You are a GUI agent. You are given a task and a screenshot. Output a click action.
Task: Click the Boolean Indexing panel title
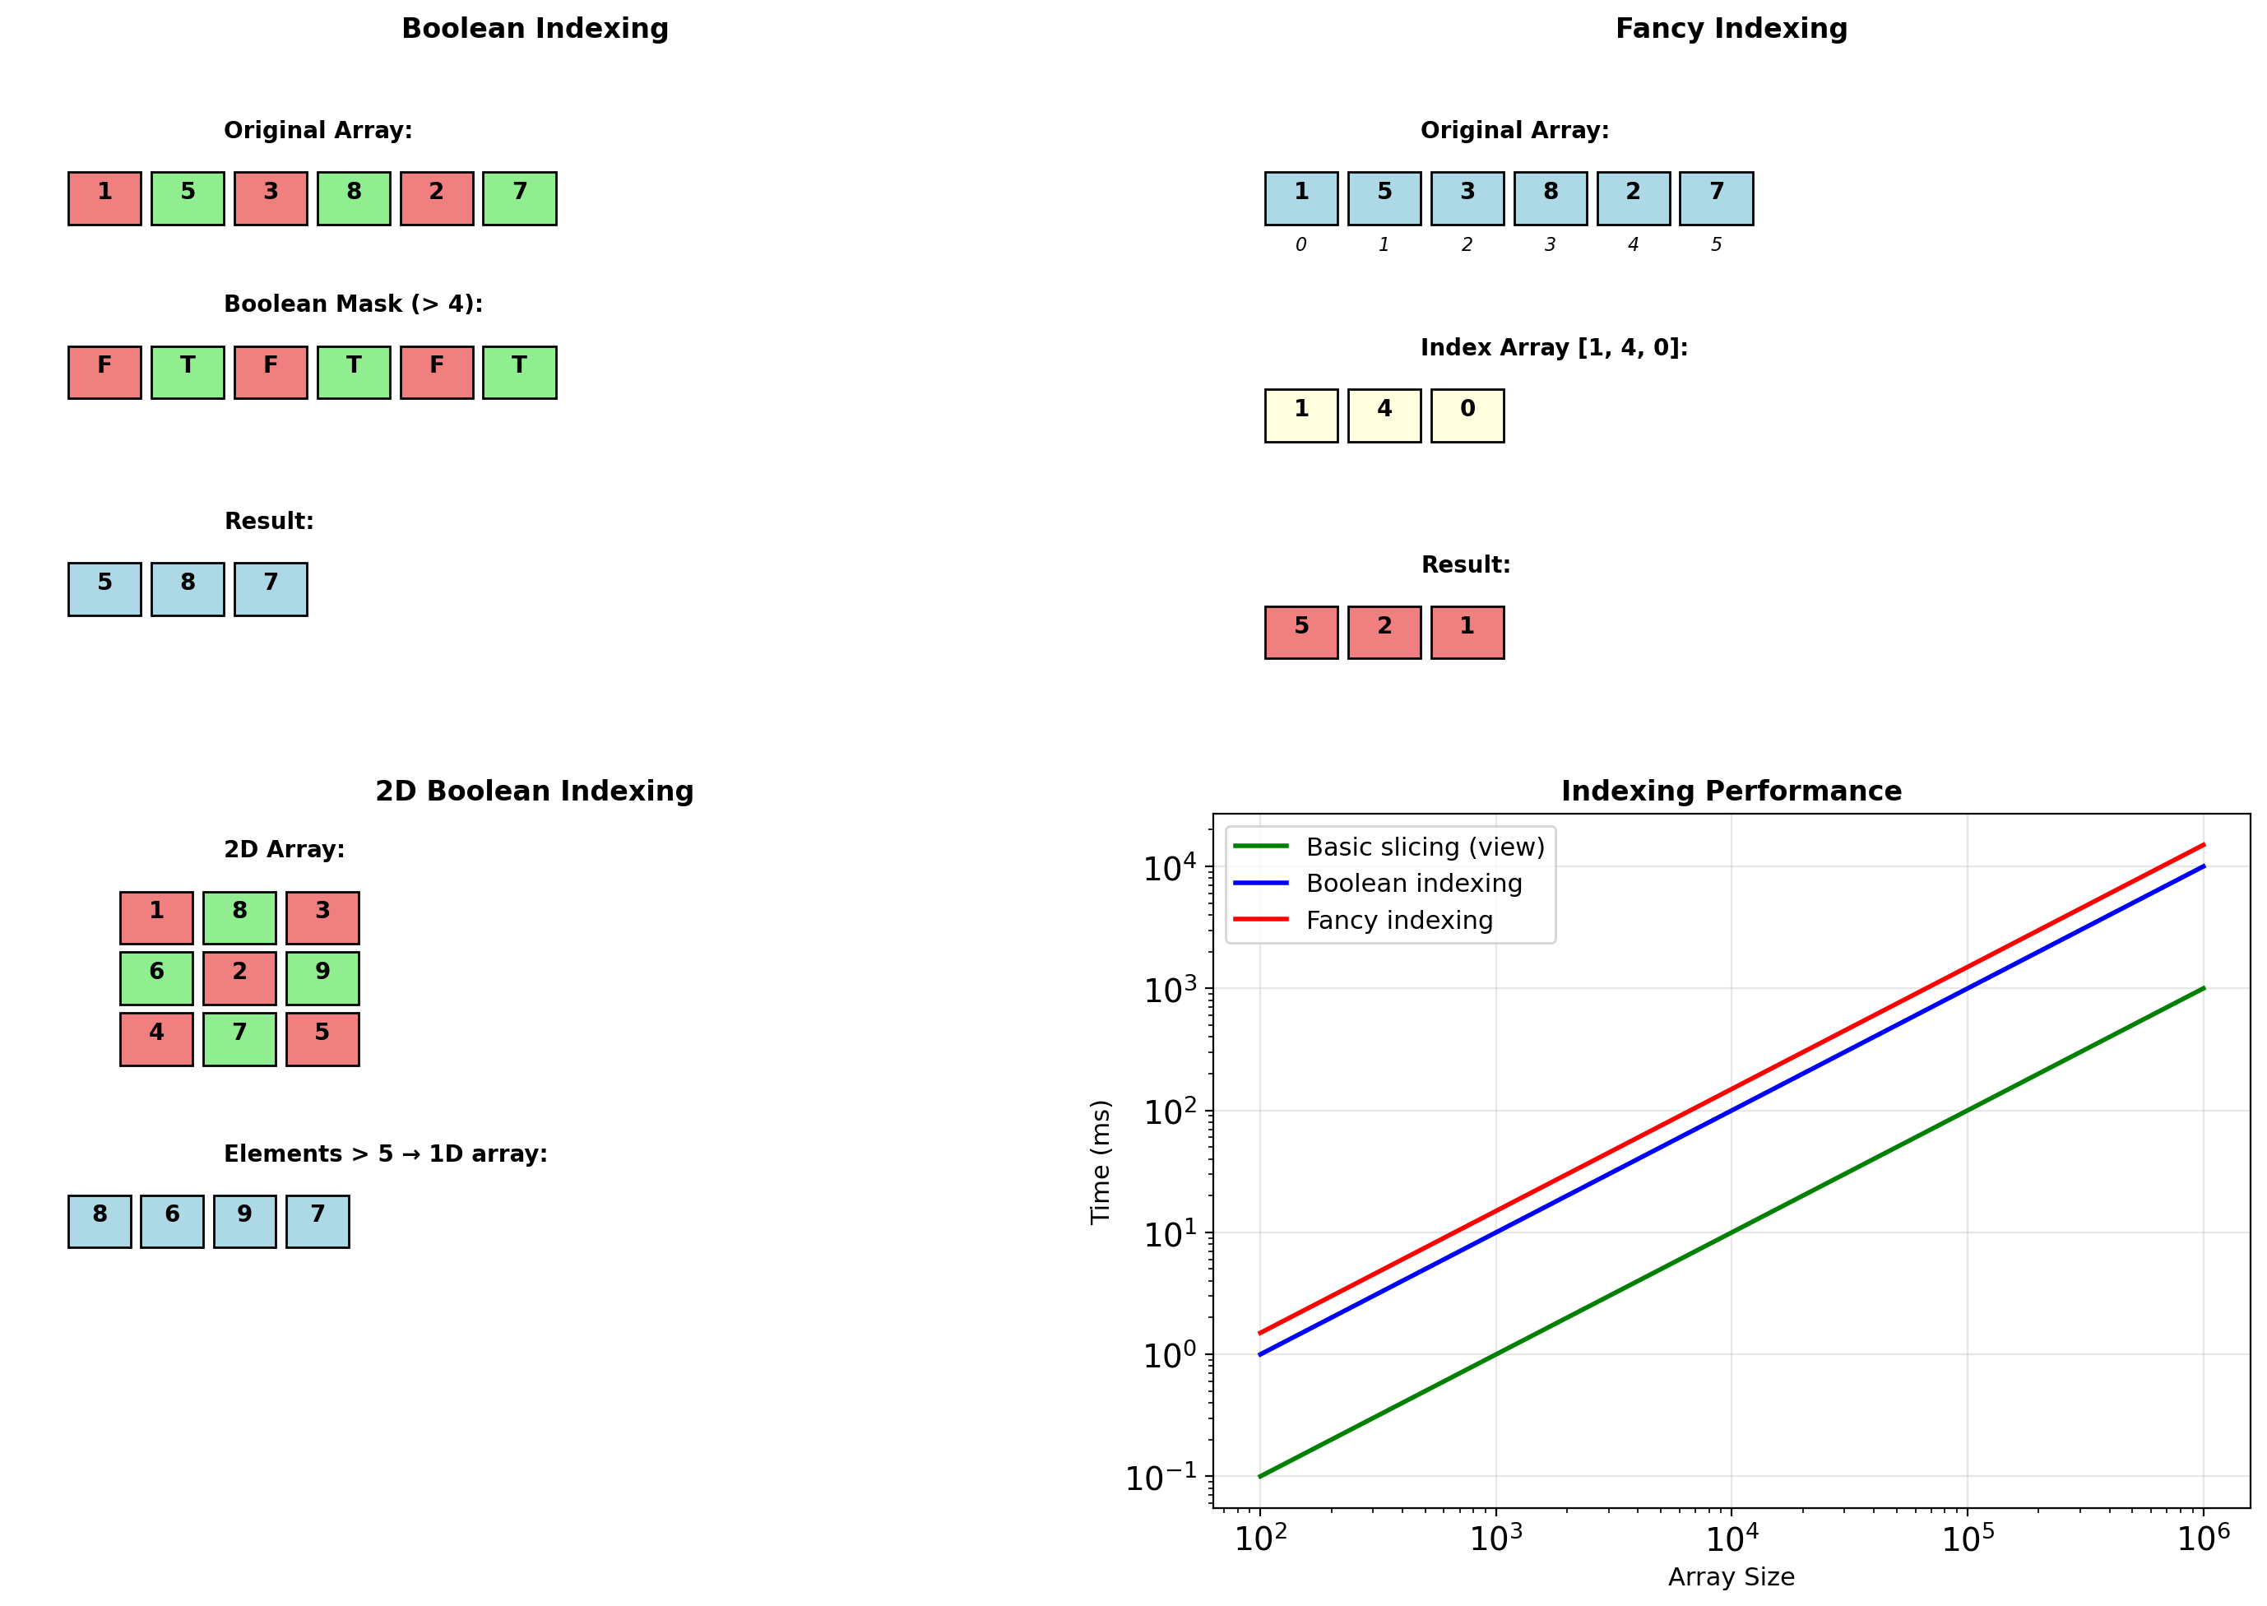(535, 29)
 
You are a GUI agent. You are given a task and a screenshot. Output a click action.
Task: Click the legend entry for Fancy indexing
(1398, 921)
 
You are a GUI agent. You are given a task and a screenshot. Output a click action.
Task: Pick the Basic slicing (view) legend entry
(1424, 847)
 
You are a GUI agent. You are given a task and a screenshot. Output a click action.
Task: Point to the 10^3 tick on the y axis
(1171, 990)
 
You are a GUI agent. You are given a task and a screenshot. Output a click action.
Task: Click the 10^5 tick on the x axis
(1967, 1539)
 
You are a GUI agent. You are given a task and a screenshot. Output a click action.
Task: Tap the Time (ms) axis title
(1101, 1162)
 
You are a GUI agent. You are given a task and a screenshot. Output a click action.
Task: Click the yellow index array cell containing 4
(1384, 415)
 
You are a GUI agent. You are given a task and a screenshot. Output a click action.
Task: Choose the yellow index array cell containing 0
(1467, 415)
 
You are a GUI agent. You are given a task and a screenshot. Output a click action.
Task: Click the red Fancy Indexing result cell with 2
(1384, 633)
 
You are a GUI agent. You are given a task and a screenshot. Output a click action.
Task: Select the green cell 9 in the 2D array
(322, 978)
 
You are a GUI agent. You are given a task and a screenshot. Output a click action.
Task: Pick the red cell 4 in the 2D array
(156, 1039)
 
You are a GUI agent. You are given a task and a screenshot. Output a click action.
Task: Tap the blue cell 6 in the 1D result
(172, 1221)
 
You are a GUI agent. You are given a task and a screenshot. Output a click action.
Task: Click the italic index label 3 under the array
(1551, 244)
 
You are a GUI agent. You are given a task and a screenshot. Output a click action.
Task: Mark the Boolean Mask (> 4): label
(353, 304)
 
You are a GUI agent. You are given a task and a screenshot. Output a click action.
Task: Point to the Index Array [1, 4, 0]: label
(1553, 347)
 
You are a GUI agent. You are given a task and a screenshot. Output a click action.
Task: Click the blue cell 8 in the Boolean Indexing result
(188, 589)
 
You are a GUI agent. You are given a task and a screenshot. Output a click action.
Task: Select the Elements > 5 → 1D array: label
(386, 1154)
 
